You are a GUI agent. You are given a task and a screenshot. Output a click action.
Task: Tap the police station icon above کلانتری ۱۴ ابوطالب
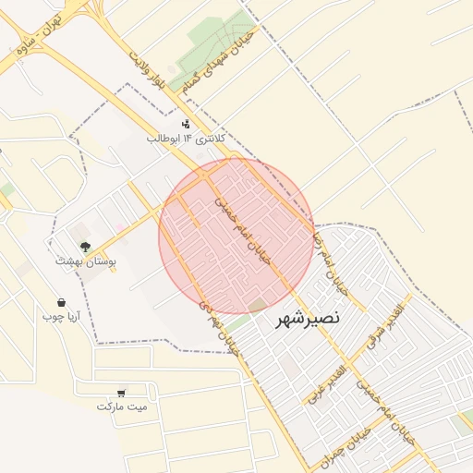pos(186,124)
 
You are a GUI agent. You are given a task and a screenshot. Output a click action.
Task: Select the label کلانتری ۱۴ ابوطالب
pos(186,139)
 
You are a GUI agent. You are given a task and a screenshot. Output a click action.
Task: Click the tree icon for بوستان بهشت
pos(85,247)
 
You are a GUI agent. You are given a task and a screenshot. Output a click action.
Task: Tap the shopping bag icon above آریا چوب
pos(61,302)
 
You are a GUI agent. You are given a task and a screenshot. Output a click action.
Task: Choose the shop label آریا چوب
pos(61,317)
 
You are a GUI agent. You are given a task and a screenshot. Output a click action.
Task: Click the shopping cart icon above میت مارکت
pos(122,392)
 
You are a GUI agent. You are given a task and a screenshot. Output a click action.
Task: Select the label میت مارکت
pos(122,406)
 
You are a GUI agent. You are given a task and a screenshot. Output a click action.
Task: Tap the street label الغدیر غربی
pos(330,382)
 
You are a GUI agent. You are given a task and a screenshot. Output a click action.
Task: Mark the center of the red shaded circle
pos(236,236)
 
